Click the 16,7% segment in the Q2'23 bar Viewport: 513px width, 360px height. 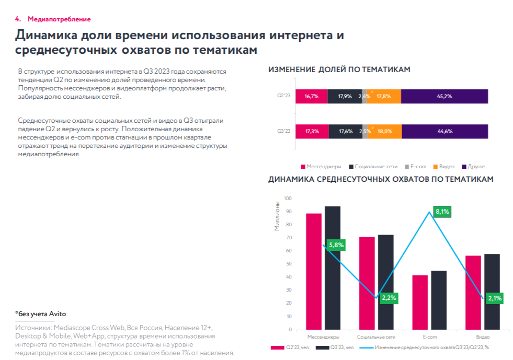tap(312, 96)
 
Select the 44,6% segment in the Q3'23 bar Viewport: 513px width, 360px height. tap(444, 131)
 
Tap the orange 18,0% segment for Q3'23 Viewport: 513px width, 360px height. tap(385, 131)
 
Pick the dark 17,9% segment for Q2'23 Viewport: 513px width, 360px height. tap(345, 96)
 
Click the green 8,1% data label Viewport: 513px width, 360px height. tap(442, 212)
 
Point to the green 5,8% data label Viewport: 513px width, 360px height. tap(336, 245)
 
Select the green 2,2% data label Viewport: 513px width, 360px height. tap(389, 298)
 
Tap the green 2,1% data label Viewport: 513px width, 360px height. tap(494, 298)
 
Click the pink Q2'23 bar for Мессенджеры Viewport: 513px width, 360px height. tap(314, 271)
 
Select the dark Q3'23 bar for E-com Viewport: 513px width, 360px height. tap(439, 300)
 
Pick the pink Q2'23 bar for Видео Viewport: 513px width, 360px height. tap(473, 293)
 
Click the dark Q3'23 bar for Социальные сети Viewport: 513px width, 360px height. tap(386, 282)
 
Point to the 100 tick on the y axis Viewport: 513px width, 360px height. tap(287, 198)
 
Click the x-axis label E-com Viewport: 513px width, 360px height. tap(429, 337)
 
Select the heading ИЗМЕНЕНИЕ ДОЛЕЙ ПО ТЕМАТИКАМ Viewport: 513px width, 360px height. tap(339, 69)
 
